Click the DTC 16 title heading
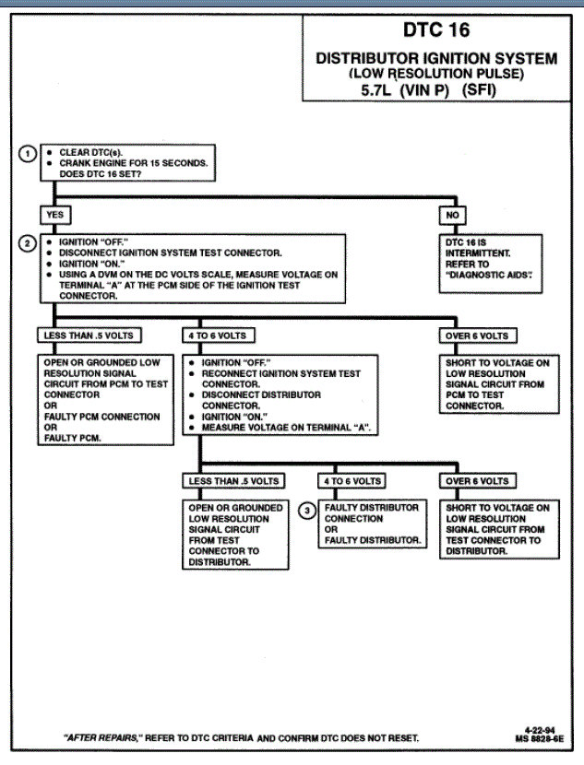(x=436, y=30)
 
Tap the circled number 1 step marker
(x=29, y=153)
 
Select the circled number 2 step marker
(x=29, y=243)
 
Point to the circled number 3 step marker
(x=308, y=509)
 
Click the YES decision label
(x=53, y=214)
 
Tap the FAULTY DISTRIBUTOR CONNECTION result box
(x=371, y=524)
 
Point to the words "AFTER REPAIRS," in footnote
(x=102, y=738)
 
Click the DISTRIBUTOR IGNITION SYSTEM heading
(x=436, y=58)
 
